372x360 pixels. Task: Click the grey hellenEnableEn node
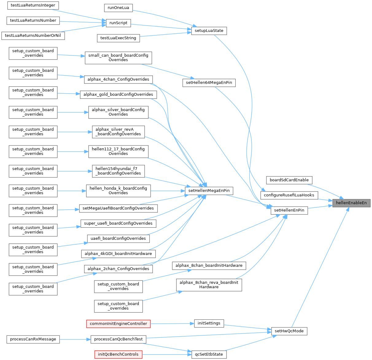[351, 203]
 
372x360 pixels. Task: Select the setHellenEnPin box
[289, 210]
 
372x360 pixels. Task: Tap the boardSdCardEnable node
[289, 180]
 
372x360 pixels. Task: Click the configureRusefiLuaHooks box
[289, 195]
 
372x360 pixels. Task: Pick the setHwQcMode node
[289, 331]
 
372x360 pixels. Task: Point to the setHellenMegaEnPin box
[209, 191]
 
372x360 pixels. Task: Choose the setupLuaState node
[209, 31]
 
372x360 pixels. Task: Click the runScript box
[118, 23]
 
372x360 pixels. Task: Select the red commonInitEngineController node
[118, 323]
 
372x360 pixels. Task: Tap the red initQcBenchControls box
[118, 354]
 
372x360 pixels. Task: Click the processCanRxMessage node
[33, 339]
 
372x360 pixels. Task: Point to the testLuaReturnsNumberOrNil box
[33, 36]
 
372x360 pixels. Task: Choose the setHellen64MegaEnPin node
[209, 83]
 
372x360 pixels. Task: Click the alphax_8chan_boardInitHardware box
[209, 265]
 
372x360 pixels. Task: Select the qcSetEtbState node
[209, 354]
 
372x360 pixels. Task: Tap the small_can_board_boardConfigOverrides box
[118, 57]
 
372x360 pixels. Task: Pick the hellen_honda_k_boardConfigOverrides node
[118, 191]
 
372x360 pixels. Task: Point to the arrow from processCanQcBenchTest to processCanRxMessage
[75, 339]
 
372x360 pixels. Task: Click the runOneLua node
[118, 8]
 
